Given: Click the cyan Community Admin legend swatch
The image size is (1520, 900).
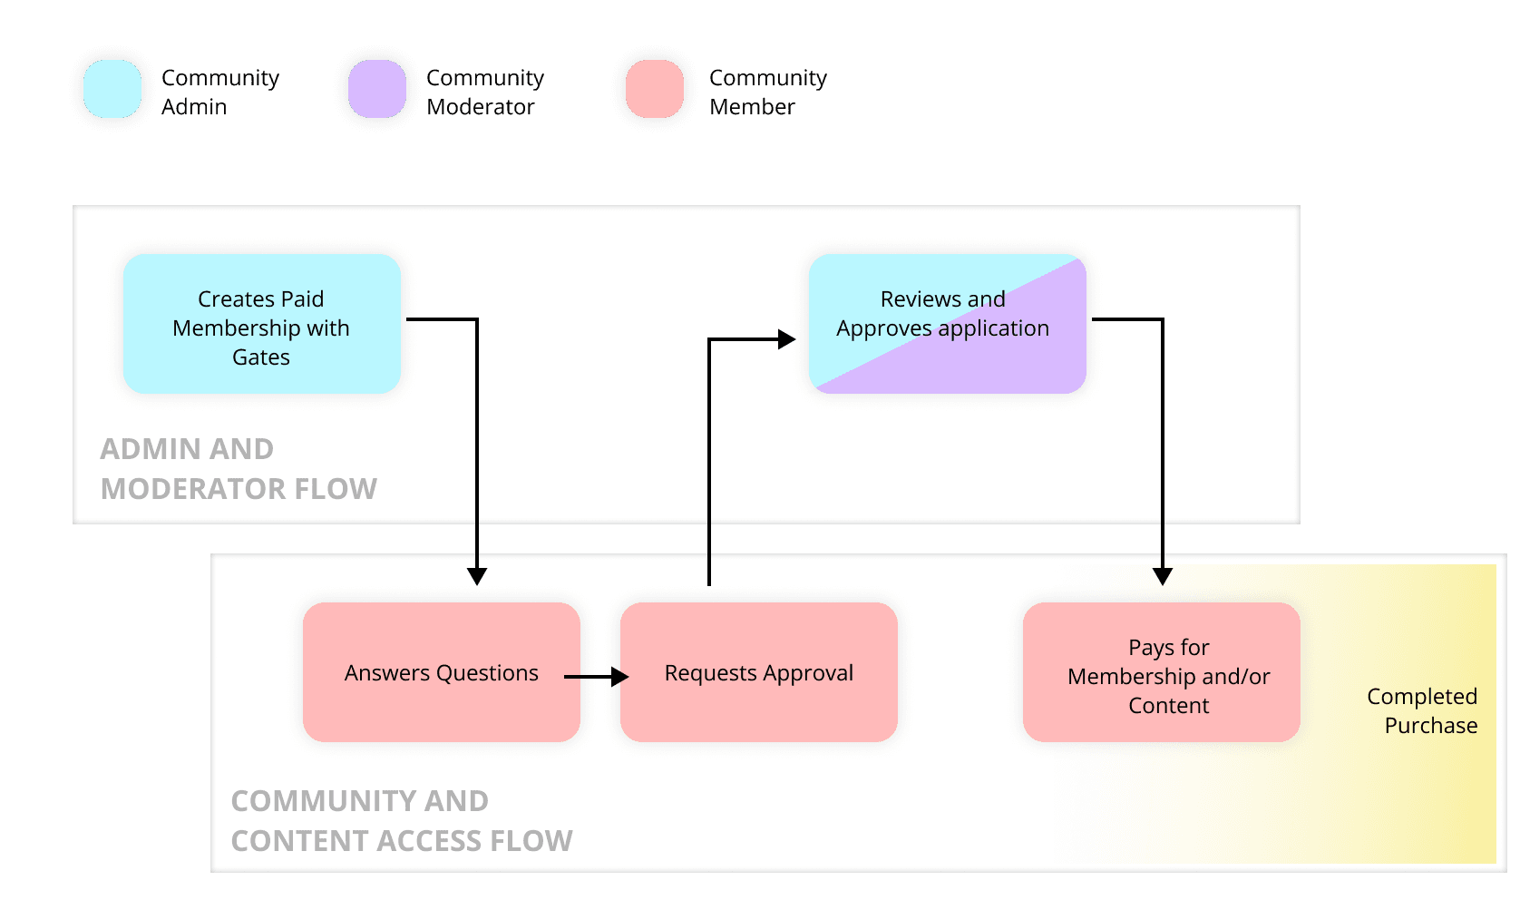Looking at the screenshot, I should [112, 89].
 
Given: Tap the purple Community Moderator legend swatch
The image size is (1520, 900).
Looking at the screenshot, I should [376, 89].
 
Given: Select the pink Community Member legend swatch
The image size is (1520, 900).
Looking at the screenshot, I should [654, 89].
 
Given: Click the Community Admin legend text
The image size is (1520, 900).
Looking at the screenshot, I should [220, 92].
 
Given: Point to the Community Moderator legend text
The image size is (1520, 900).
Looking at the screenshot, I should [485, 92].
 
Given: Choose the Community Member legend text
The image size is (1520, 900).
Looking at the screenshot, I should [768, 92].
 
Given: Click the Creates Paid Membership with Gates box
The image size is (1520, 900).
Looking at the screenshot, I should [261, 324].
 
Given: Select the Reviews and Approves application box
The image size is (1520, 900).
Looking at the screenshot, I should [947, 324].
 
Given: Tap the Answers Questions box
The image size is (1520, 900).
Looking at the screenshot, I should [441, 672].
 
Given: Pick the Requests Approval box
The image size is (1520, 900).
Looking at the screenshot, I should [759, 672].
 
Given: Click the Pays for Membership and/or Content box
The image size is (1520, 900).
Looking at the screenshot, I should [1161, 672].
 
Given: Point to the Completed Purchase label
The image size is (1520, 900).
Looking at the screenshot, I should [1422, 710].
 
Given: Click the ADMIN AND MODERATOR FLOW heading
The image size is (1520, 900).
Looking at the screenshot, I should [239, 469].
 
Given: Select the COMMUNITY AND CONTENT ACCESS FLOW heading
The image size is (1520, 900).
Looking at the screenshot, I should [402, 821].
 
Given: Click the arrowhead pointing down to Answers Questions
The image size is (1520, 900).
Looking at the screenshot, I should [477, 576].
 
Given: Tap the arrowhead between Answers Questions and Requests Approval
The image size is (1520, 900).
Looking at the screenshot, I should [620, 677].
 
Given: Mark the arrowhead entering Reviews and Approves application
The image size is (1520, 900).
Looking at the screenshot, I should [786, 339].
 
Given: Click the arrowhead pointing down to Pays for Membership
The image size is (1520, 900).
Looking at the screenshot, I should [1163, 576].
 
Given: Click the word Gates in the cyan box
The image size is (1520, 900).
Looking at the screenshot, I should [261, 357].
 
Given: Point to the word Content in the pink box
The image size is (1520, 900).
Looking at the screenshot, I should [1168, 706].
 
